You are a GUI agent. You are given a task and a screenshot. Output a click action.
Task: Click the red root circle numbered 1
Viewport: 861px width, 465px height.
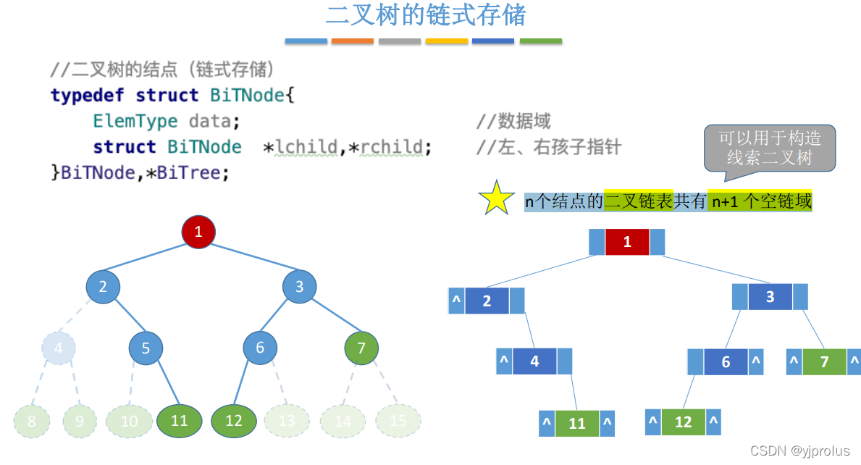coord(198,232)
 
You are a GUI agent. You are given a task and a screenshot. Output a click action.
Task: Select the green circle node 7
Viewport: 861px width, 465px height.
coord(361,348)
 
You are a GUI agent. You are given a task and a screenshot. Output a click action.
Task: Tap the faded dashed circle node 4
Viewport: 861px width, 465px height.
coord(59,348)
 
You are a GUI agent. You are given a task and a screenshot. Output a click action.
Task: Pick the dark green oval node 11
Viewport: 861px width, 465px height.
coord(179,421)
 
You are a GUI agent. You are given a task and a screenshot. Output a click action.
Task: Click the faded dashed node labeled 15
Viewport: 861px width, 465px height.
coord(398,421)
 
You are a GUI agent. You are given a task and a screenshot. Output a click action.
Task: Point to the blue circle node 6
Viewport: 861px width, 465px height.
coord(260,348)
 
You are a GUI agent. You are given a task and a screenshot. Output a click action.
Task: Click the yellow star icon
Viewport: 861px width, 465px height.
coord(496,198)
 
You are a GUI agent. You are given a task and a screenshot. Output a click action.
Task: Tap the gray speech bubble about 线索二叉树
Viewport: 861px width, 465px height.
coord(769,148)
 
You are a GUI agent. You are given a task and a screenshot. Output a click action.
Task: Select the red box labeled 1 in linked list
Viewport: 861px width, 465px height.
coord(627,242)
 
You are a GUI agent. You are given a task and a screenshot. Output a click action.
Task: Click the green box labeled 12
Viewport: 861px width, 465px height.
coord(683,422)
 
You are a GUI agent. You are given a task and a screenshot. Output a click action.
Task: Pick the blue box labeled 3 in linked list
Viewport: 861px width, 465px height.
coord(770,297)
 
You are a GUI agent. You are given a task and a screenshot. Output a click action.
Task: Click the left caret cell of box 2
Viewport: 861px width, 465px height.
coord(456,301)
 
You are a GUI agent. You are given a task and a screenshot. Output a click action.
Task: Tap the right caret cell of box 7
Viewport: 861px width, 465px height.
coord(854,362)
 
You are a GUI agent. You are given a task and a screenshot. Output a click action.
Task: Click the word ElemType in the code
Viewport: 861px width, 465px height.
coord(135,120)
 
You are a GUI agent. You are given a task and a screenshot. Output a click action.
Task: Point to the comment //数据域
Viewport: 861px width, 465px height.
coord(513,121)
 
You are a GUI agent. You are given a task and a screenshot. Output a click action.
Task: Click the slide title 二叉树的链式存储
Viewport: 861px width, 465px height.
coord(425,15)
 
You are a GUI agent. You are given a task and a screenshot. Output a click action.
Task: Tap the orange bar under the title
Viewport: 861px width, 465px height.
coord(352,41)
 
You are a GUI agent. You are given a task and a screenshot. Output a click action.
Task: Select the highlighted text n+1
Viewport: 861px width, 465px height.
coord(724,202)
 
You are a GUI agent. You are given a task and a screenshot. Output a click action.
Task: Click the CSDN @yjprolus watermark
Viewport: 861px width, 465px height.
coord(799,451)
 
